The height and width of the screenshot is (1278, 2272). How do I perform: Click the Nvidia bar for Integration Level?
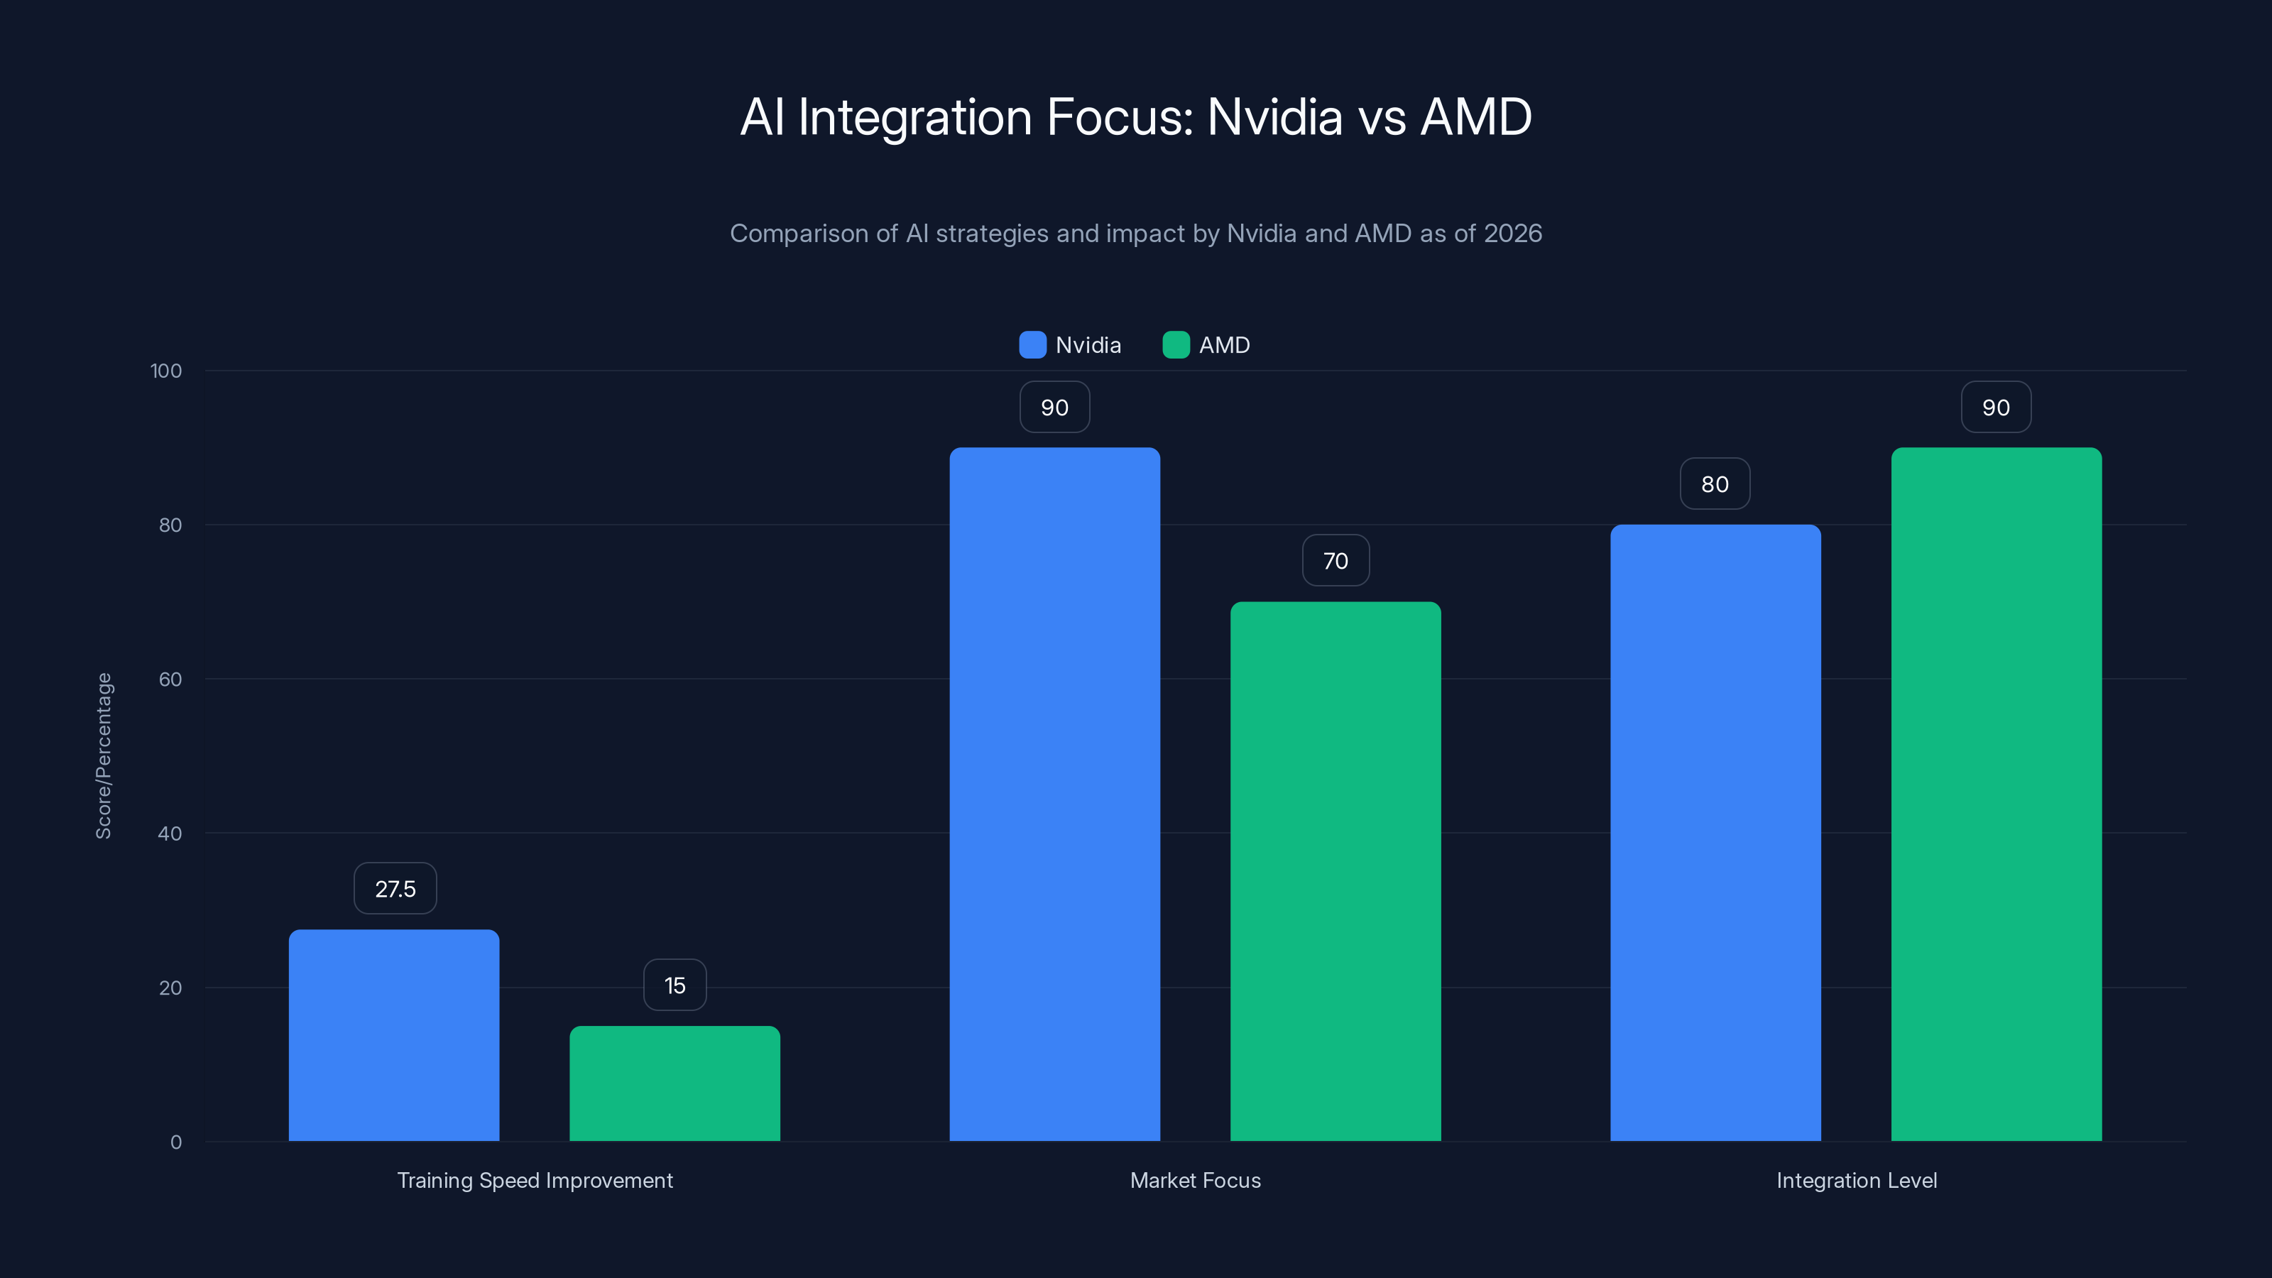tap(1715, 833)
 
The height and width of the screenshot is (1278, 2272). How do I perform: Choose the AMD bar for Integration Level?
tap(1996, 794)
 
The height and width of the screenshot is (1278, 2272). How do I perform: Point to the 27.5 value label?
tap(395, 888)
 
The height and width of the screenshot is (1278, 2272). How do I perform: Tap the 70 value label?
tap(1336, 560)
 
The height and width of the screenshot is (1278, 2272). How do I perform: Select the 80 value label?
tap(1715, 484)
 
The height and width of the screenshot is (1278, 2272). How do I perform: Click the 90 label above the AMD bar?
tap(1996, 407)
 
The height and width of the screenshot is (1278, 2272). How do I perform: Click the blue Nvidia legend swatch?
tap(1032, 345)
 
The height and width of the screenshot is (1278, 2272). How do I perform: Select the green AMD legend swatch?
tap(1176, 345)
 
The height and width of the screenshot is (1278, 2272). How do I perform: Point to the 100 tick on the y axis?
tap(166, 371)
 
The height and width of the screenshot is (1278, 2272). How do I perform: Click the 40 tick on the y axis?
tap(170, 834)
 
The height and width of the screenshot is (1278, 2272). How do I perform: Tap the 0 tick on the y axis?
tap(175, 1142)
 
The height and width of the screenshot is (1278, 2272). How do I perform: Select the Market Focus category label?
tap(1195, 1180)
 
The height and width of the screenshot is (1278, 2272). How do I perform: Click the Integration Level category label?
tap(1856, 1180)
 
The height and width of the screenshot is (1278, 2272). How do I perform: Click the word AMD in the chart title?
tap(1475, 116)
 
